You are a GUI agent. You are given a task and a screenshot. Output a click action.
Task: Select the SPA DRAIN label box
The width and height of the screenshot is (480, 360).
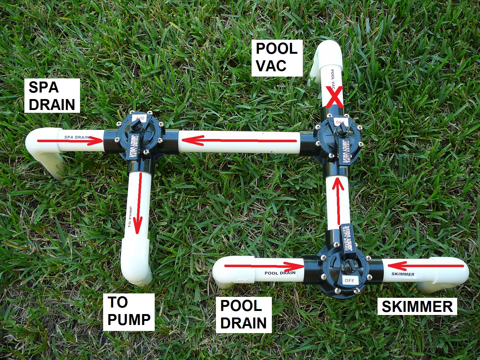[52, 96]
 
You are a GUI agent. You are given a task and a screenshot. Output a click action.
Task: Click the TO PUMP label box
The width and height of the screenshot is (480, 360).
[129, 312]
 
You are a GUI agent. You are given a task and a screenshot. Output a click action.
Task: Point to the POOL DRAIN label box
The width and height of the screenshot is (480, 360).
[243, 314]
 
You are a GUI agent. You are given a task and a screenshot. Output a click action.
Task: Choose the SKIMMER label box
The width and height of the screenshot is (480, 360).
[417, 306]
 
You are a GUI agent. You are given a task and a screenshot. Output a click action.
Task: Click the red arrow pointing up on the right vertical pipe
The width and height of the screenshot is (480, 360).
[337, 199]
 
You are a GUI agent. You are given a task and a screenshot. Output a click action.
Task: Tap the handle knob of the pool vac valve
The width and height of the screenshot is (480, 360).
[342, 128]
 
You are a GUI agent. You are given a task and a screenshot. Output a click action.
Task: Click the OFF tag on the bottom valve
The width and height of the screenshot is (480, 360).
[349, 280]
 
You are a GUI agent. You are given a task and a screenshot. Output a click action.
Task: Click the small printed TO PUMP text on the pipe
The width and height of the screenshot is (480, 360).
[130, 216]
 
